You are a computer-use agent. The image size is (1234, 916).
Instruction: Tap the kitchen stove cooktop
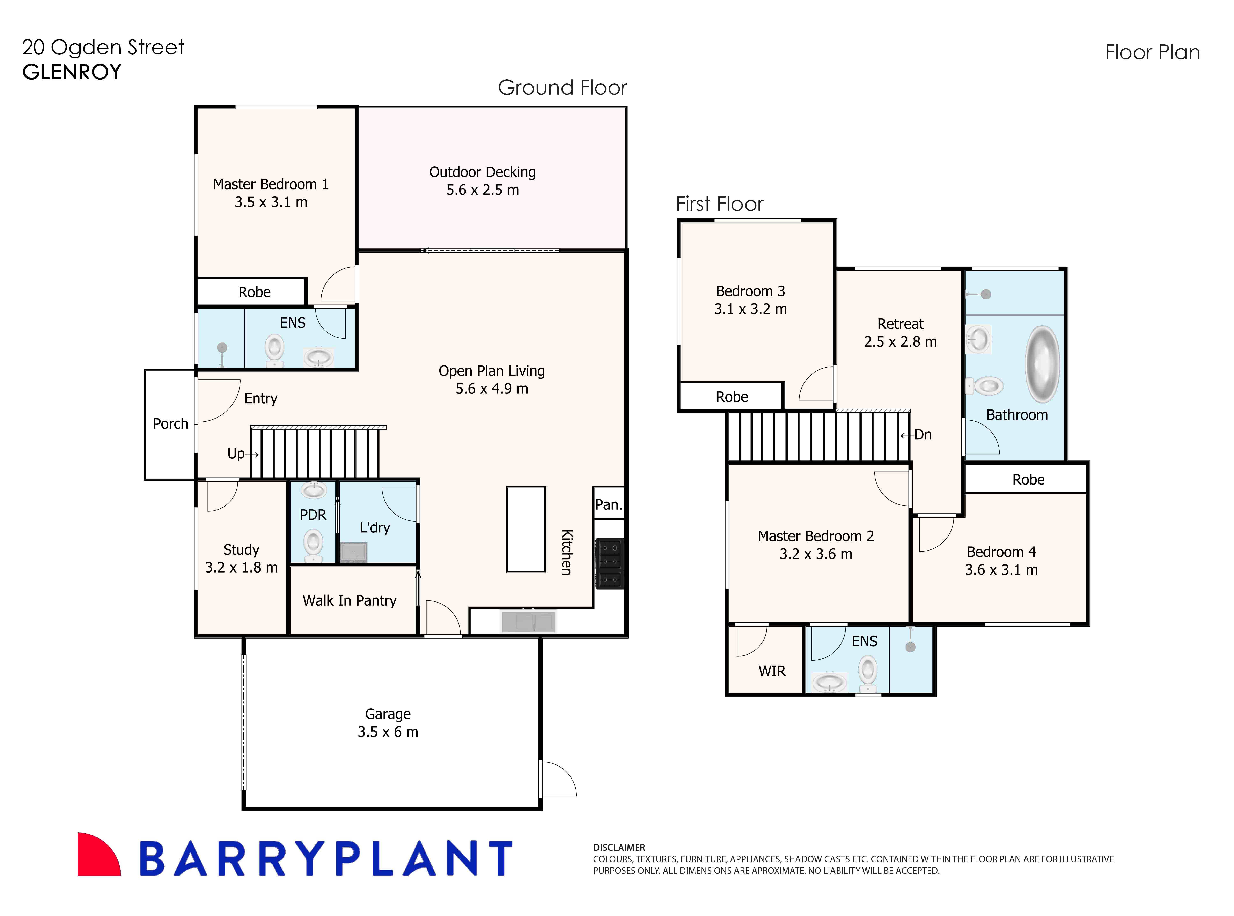click(x=609, y=563)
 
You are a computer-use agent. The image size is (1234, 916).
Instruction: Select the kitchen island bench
click(x=526, y=530)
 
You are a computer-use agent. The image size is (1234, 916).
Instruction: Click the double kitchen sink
click(x=528, y=622)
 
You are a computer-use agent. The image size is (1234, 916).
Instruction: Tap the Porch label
click(x=170, y=424)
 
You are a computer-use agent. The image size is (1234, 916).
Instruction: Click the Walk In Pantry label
click(x=349, y=600)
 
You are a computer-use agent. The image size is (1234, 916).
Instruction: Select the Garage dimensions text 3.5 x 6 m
click(x=388, y=732)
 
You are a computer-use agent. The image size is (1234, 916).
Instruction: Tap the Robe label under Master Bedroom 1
click(x=255, y=292)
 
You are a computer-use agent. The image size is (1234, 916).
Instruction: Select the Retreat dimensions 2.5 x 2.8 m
click(x=900, y=342)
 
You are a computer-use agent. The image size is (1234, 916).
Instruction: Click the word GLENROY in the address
click(x=72, y=72)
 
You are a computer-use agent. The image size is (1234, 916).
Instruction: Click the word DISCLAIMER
click(x=619, y=847)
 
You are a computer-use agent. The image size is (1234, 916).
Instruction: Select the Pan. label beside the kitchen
click(x=608, y=505)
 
